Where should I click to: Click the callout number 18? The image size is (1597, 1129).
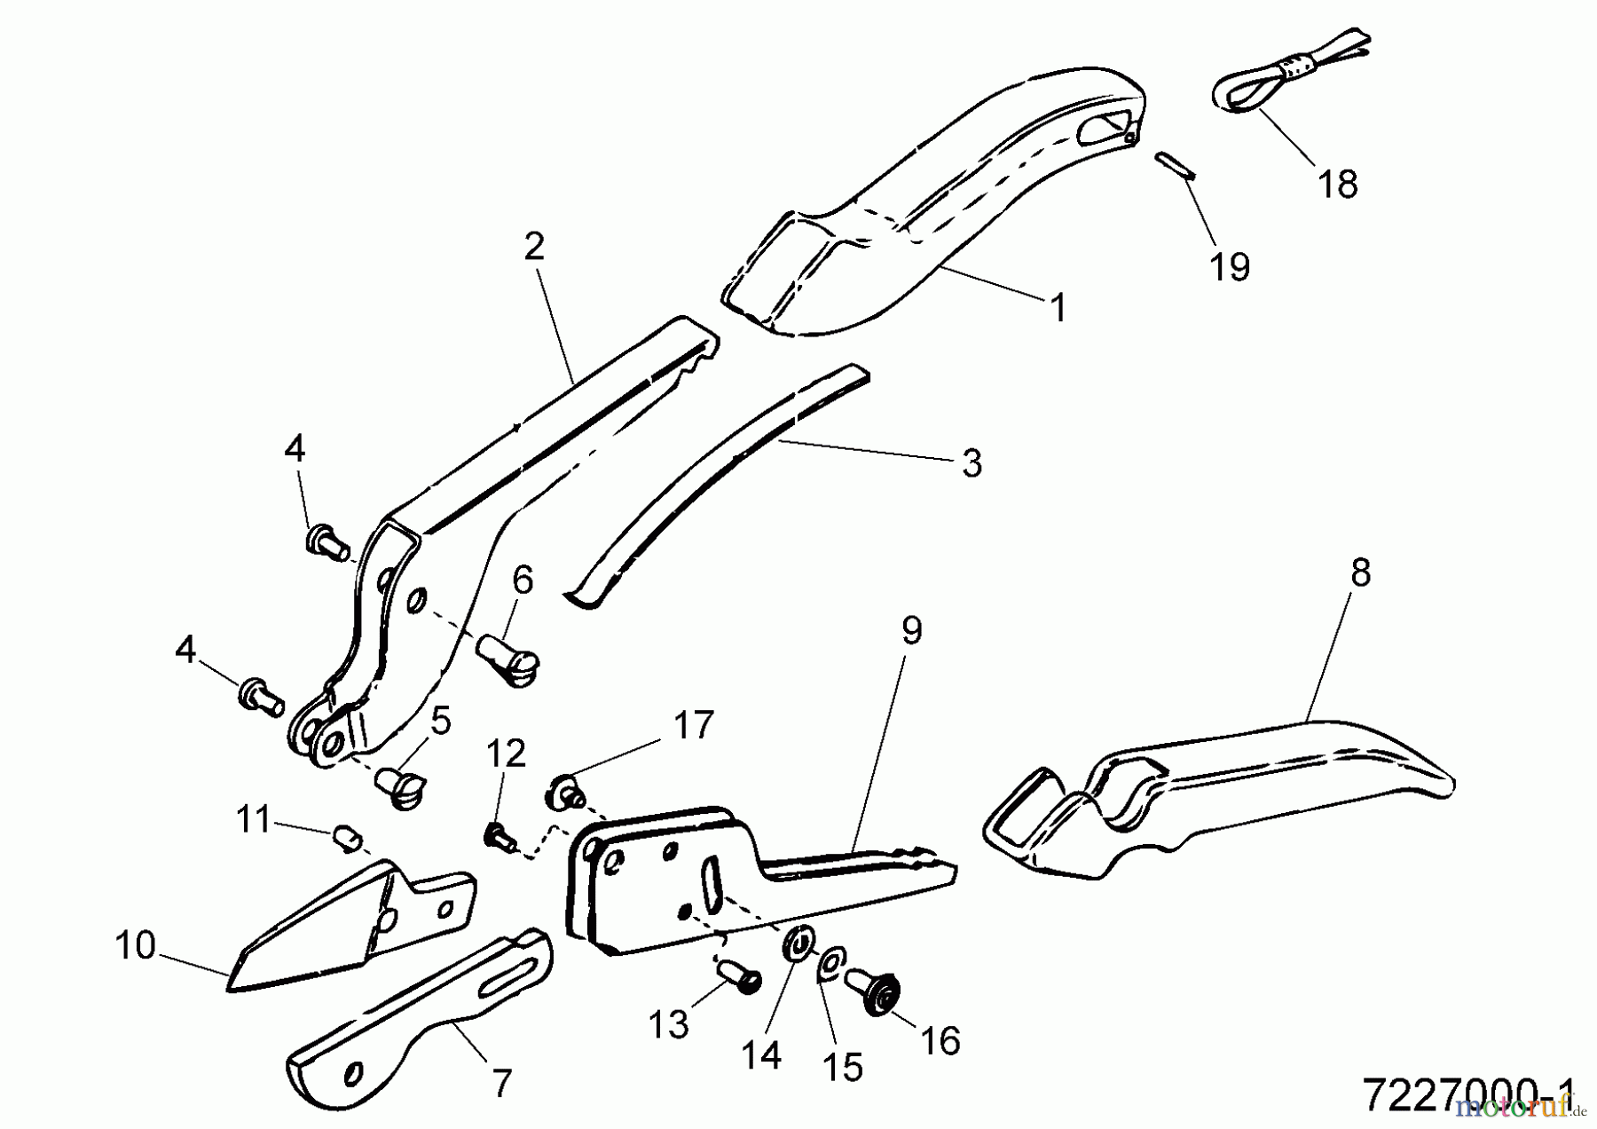pos(1338,185)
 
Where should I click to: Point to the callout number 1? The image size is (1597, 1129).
pos(1058,309)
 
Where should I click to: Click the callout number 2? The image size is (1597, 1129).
pos(533,247)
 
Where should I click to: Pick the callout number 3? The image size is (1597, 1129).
pos(972,463)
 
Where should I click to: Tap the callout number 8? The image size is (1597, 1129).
pos(1360,572)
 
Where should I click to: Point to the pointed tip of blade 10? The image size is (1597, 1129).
pos(232,983)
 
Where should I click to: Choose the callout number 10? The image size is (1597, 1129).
pos(135,946)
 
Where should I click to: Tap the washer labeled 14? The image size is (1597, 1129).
pos(798,943)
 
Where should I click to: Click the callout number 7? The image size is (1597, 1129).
pos(501,1084)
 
